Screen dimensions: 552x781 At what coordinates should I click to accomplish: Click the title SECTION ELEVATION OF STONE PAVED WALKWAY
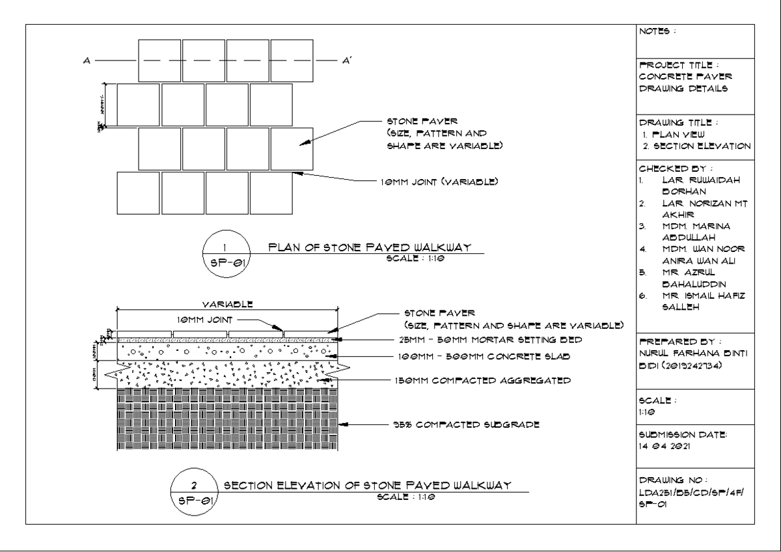tap(367, 486)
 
